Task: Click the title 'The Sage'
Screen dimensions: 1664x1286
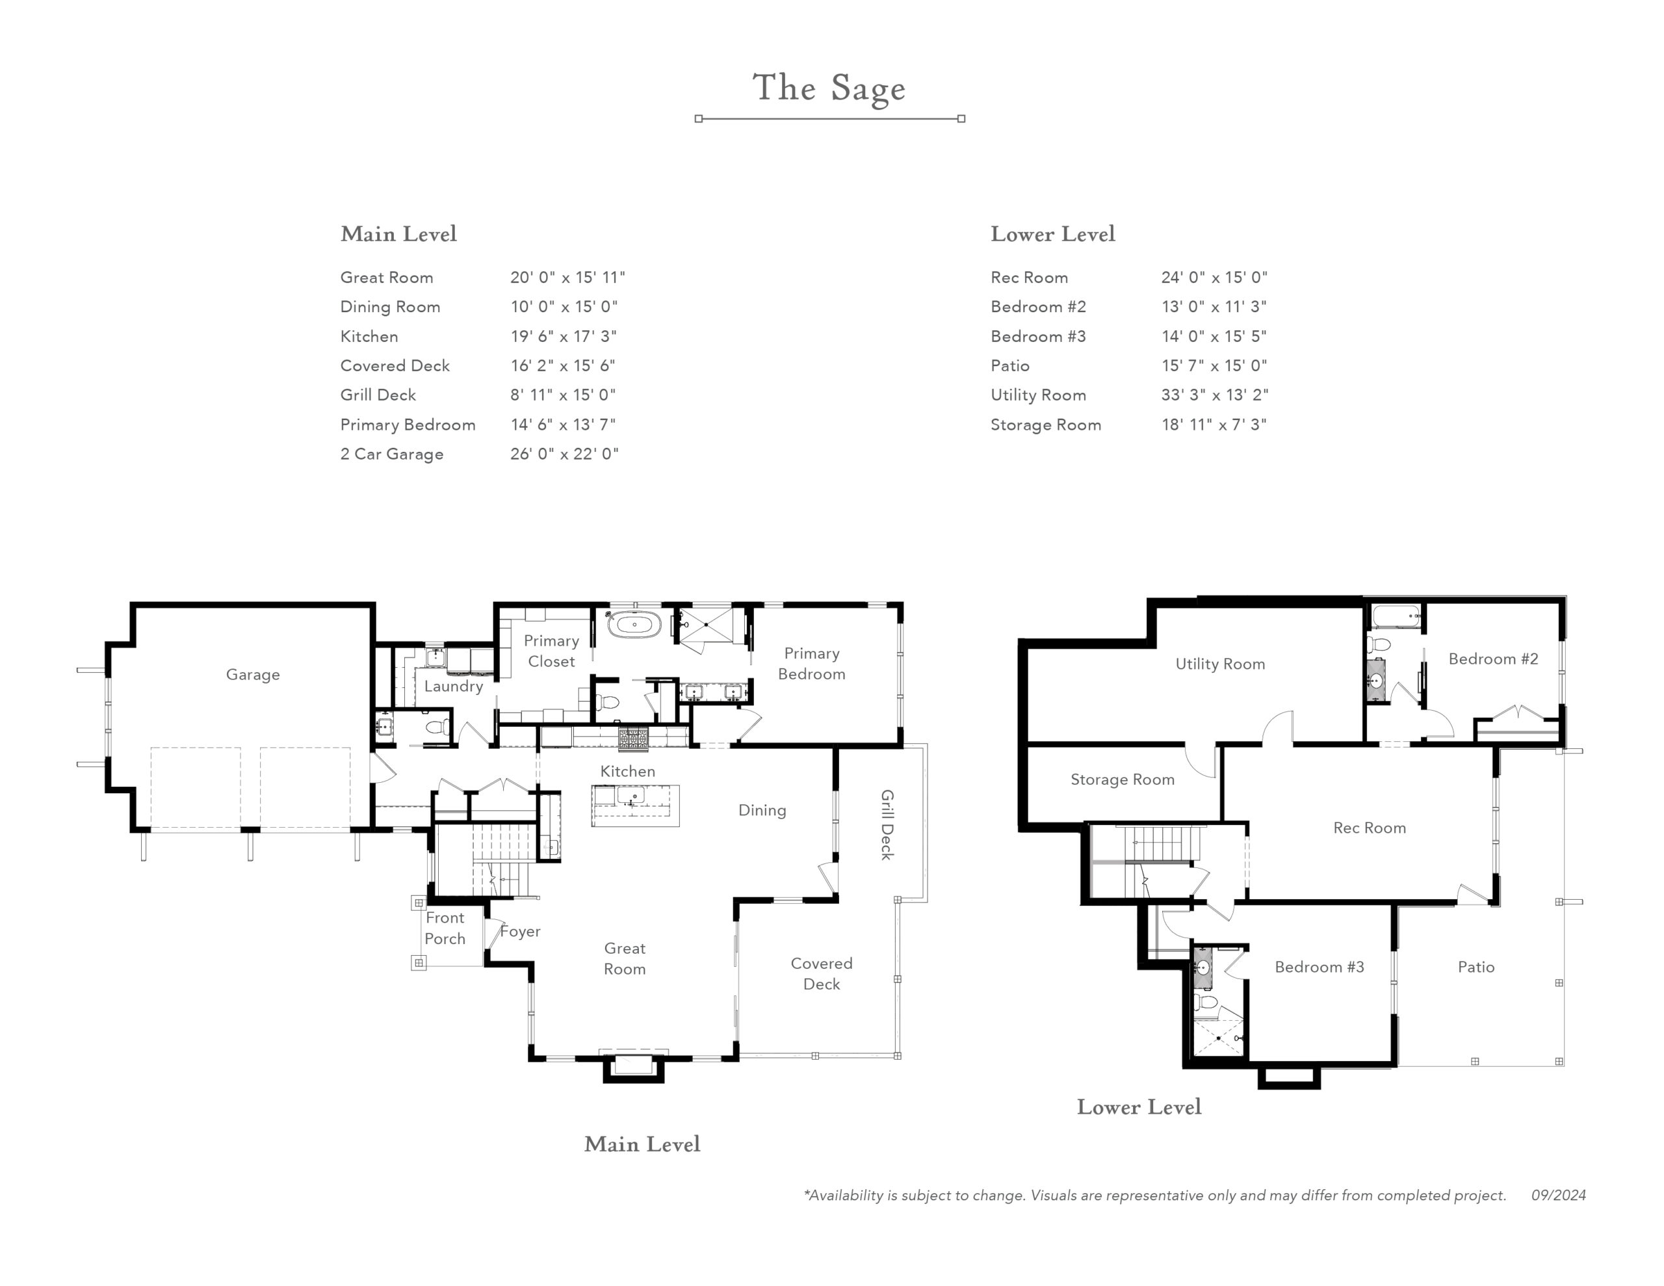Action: pyautogui.click(x=829, y=88)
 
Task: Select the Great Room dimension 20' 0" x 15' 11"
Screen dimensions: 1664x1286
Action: pyautogui.click(x=567, y=278)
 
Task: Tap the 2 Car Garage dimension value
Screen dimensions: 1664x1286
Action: pyautogui.click(x=565, y=454)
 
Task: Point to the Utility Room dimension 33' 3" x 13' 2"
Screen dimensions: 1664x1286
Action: pyautogui.click(x=1214, y=395)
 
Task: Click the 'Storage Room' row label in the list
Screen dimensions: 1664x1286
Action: pyautogui.click(x=1045, y=425)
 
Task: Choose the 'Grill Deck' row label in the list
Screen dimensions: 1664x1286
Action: pyautogui.click(x=378, y=395)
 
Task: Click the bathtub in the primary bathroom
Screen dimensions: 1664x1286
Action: pyautogui.click(x=634, y=625)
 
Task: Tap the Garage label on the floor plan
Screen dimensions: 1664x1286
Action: pyautogui.click(x=253, y=675)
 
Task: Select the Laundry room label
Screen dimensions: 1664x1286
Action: pyautogui.click(x=453, y=686)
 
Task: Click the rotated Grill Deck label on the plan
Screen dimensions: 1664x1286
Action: pyautogui.click(x=887, y=825)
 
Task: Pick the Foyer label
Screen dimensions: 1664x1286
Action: pyautogui.click(x=521, y=931)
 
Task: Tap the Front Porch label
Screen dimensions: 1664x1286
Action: pyautogui.click(x=445, y=928)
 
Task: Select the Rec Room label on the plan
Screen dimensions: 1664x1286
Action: pyautogui.click(x=1369, y=828)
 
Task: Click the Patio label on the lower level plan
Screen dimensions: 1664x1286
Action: pyautogui.click(x=1475, y=967)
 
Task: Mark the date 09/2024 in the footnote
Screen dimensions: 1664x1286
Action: pyautogui.click(x=1559, y=1195)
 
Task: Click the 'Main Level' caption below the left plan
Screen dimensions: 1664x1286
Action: pyautogui.click(x=642, y=1144)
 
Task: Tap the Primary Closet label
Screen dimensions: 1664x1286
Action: pyautogui.click(x=552, y=651)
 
